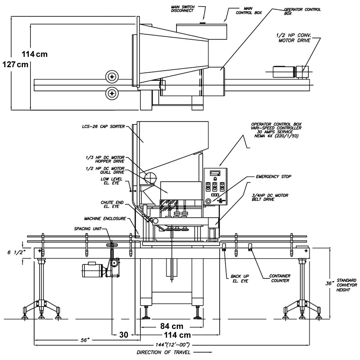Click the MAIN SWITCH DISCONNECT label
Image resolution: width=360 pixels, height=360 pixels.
183,9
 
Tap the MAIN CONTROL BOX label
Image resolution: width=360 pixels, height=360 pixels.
249,10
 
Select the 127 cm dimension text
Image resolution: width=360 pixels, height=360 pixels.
15,64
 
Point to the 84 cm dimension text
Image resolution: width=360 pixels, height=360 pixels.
172,326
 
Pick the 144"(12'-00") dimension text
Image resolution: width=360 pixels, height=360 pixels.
172,345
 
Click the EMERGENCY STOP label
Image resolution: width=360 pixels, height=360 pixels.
274,176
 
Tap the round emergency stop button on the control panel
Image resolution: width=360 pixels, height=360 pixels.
208,201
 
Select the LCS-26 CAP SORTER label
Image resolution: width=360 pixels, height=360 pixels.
103,127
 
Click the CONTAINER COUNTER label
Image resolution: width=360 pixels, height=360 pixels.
280,278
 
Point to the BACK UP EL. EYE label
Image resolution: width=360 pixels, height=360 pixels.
240,279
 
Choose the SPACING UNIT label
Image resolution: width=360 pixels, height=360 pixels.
87,229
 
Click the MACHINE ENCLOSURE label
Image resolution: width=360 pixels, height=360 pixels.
105,219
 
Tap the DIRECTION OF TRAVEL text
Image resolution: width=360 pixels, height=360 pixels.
163,352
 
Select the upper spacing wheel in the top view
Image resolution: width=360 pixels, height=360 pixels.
112,77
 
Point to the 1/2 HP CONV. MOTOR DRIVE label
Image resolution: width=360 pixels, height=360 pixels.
294,38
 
